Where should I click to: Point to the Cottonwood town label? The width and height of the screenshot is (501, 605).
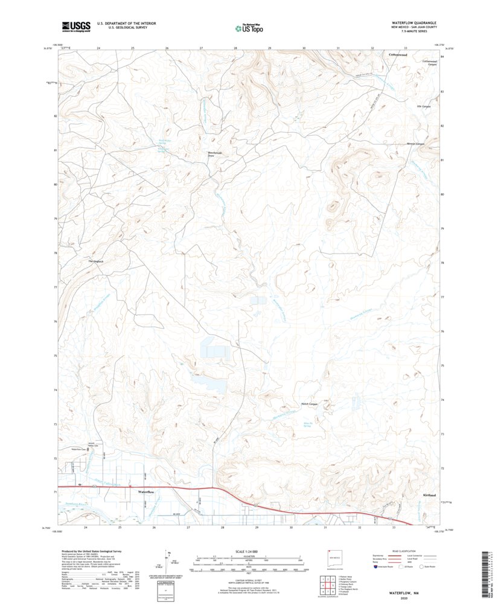(x=398, y=55)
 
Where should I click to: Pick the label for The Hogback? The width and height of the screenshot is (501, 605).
(x=97, y=261)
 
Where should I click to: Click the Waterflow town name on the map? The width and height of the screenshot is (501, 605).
(x=147, y=493)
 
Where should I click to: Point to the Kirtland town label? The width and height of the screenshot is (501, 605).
(x=429, y=495)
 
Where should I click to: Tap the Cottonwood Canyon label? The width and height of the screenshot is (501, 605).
(x=429, y=62)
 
